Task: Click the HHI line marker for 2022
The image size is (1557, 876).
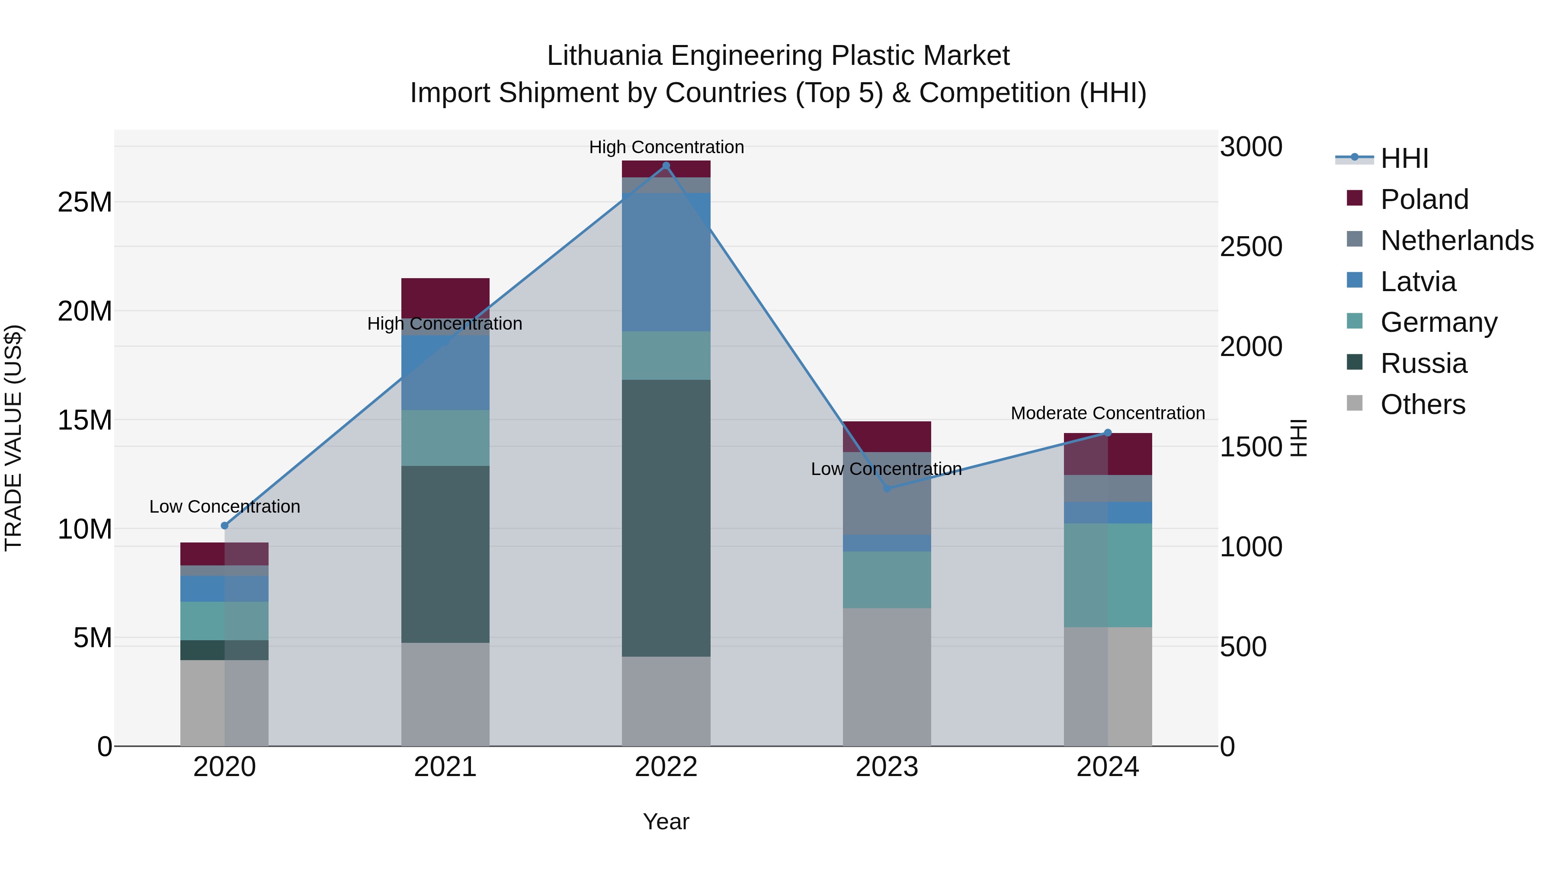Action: point(666,166)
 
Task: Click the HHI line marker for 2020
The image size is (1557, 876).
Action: point(224,525)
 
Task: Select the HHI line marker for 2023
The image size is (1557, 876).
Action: point(887,488)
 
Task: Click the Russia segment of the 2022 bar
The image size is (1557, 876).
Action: point(666,518)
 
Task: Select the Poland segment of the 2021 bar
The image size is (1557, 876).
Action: point(445,298)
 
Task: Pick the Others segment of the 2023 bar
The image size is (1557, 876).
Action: point(887,677)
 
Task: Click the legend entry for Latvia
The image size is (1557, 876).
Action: point(1418,282)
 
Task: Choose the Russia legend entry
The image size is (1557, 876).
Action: point(1423,363)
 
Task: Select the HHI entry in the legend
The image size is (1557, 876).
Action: point(1404,158)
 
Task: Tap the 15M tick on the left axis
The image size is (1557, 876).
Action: point(85,420)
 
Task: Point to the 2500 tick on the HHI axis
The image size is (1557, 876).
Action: point(1250,247)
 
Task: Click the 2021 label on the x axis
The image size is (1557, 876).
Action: point(445,767)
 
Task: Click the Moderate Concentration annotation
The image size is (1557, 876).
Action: point(1107,413)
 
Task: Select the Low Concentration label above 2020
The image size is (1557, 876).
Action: point(224,506)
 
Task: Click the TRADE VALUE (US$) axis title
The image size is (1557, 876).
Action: point(13,438)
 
